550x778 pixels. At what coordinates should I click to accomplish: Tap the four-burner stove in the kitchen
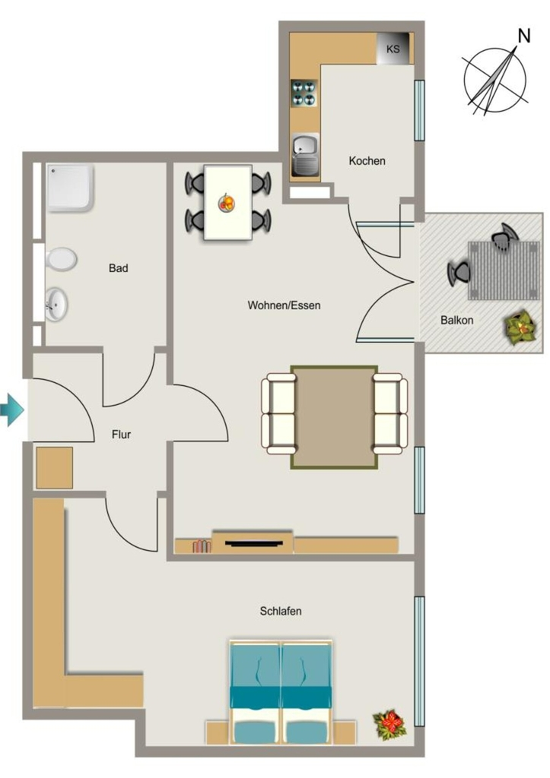[x=304, y=93]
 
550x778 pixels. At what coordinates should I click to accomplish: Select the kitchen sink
[x=305, y=154]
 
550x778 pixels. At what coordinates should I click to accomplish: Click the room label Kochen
[x=367, y=161]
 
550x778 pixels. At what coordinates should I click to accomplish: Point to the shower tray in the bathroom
[x=70, y=188]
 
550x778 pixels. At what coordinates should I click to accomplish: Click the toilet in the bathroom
[x=61, y=259]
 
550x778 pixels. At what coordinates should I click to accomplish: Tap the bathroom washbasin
[x=56, y=304]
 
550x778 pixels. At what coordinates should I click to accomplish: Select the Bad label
[x=118, y=268]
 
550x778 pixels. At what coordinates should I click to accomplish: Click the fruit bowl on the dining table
[x=227, y=203]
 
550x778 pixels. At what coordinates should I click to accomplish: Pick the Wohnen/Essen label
[x=285, y=305]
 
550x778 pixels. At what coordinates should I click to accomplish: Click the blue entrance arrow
[x=11, y=410]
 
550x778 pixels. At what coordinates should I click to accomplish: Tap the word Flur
[x=121, y=435]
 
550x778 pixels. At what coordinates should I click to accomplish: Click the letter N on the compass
[x=523, y=36]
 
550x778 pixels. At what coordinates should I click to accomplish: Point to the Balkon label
[x=456, y=320]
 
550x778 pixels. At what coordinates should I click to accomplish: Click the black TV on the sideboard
[x=254, y=543]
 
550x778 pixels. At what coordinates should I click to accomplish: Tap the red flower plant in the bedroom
[x=390, y=723]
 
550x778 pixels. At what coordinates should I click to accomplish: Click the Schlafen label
[x=281, y=611]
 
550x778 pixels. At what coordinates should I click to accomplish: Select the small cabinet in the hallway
[x=55, y=467]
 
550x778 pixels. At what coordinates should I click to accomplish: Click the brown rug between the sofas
[x=334, y=417]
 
